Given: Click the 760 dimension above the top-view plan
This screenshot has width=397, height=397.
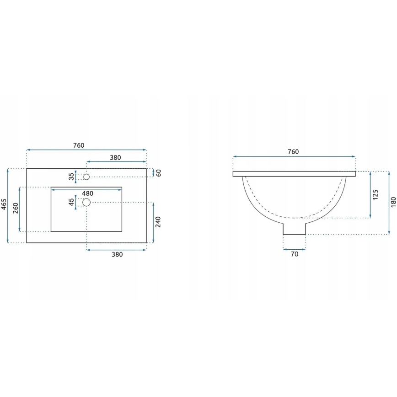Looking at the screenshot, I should coord(79,145).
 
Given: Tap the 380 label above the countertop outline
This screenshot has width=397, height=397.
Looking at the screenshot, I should coord(115,157).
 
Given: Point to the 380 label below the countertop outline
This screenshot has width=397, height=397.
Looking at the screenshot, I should coord(117,255).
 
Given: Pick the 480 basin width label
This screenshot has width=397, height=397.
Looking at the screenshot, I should coord(87,193).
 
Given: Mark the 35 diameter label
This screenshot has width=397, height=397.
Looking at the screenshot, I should coord(72,177).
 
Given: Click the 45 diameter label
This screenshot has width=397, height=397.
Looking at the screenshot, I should coord(72,202).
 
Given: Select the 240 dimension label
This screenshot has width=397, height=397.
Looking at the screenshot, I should coord(159,222).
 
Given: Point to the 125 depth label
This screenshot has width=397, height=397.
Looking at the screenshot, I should coord(376,195).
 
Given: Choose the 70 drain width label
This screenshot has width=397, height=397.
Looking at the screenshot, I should coord(294,254).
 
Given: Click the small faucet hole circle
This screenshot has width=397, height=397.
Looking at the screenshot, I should coord(86,177).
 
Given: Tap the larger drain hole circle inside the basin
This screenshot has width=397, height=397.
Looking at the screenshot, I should coord(86,202).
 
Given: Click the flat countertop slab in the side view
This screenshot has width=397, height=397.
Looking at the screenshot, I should coord(294,174).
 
